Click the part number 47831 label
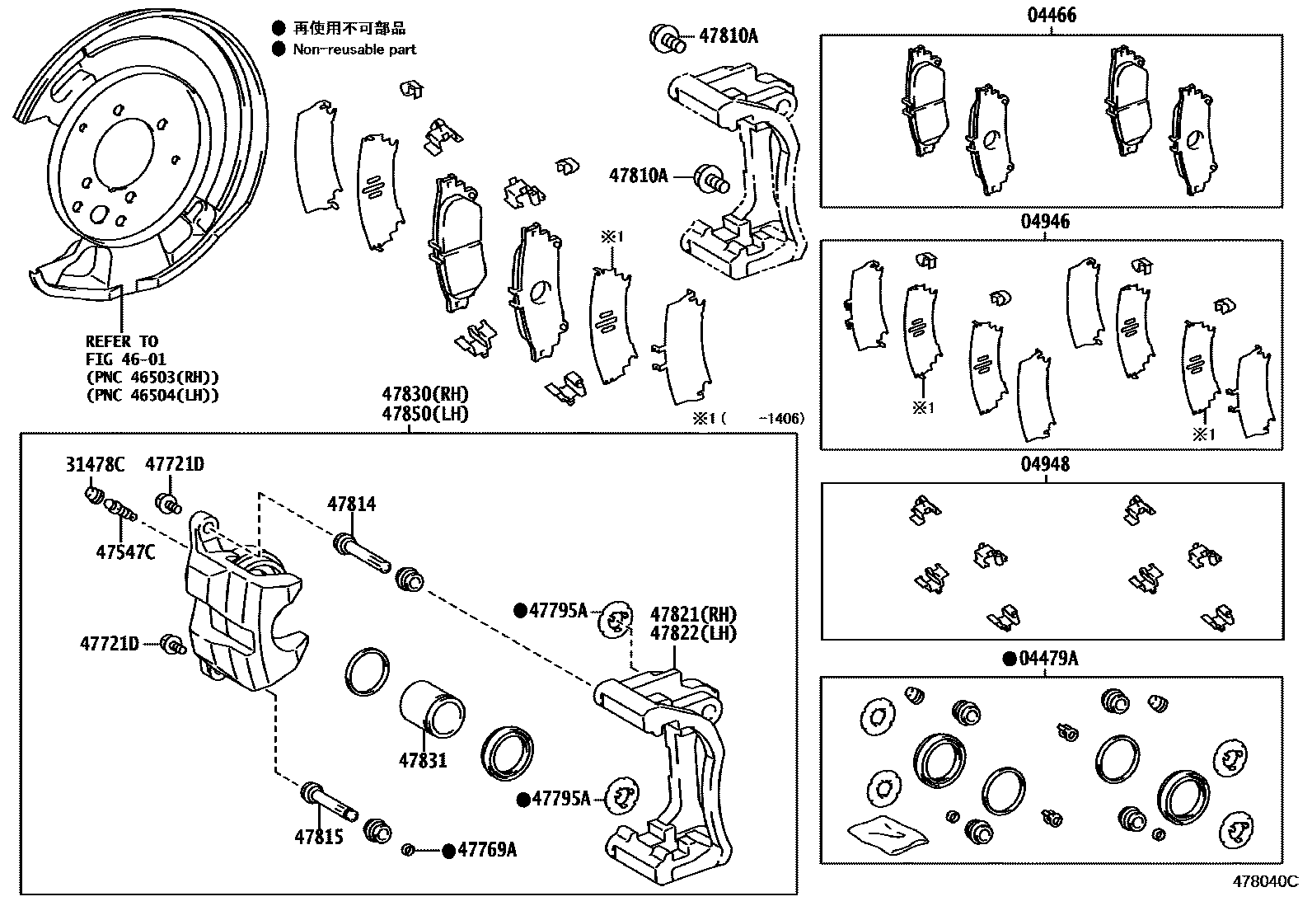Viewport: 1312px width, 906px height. click(423, 759)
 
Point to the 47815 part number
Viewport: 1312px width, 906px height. click(319, 837)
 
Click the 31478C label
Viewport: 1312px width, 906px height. click(95, 465)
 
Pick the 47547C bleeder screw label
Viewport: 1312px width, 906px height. click(125, 552)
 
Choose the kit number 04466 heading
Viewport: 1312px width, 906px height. click(1051, 15)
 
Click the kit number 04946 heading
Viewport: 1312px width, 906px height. click(1046, 221)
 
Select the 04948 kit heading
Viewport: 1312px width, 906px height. click(1046, 464)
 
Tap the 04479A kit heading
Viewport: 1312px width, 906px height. click(1048, 658)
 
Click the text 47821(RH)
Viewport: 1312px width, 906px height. click(693, 614)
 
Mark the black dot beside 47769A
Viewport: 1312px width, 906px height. click(448, 851)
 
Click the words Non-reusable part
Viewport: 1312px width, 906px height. click(354, 49)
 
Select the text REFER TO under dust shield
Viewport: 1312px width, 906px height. click(122, 341)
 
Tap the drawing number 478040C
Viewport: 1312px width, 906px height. click(1265, 880)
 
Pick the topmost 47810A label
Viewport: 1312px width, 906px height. click(729, 35)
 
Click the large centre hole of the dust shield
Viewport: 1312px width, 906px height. click(124, 160)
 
